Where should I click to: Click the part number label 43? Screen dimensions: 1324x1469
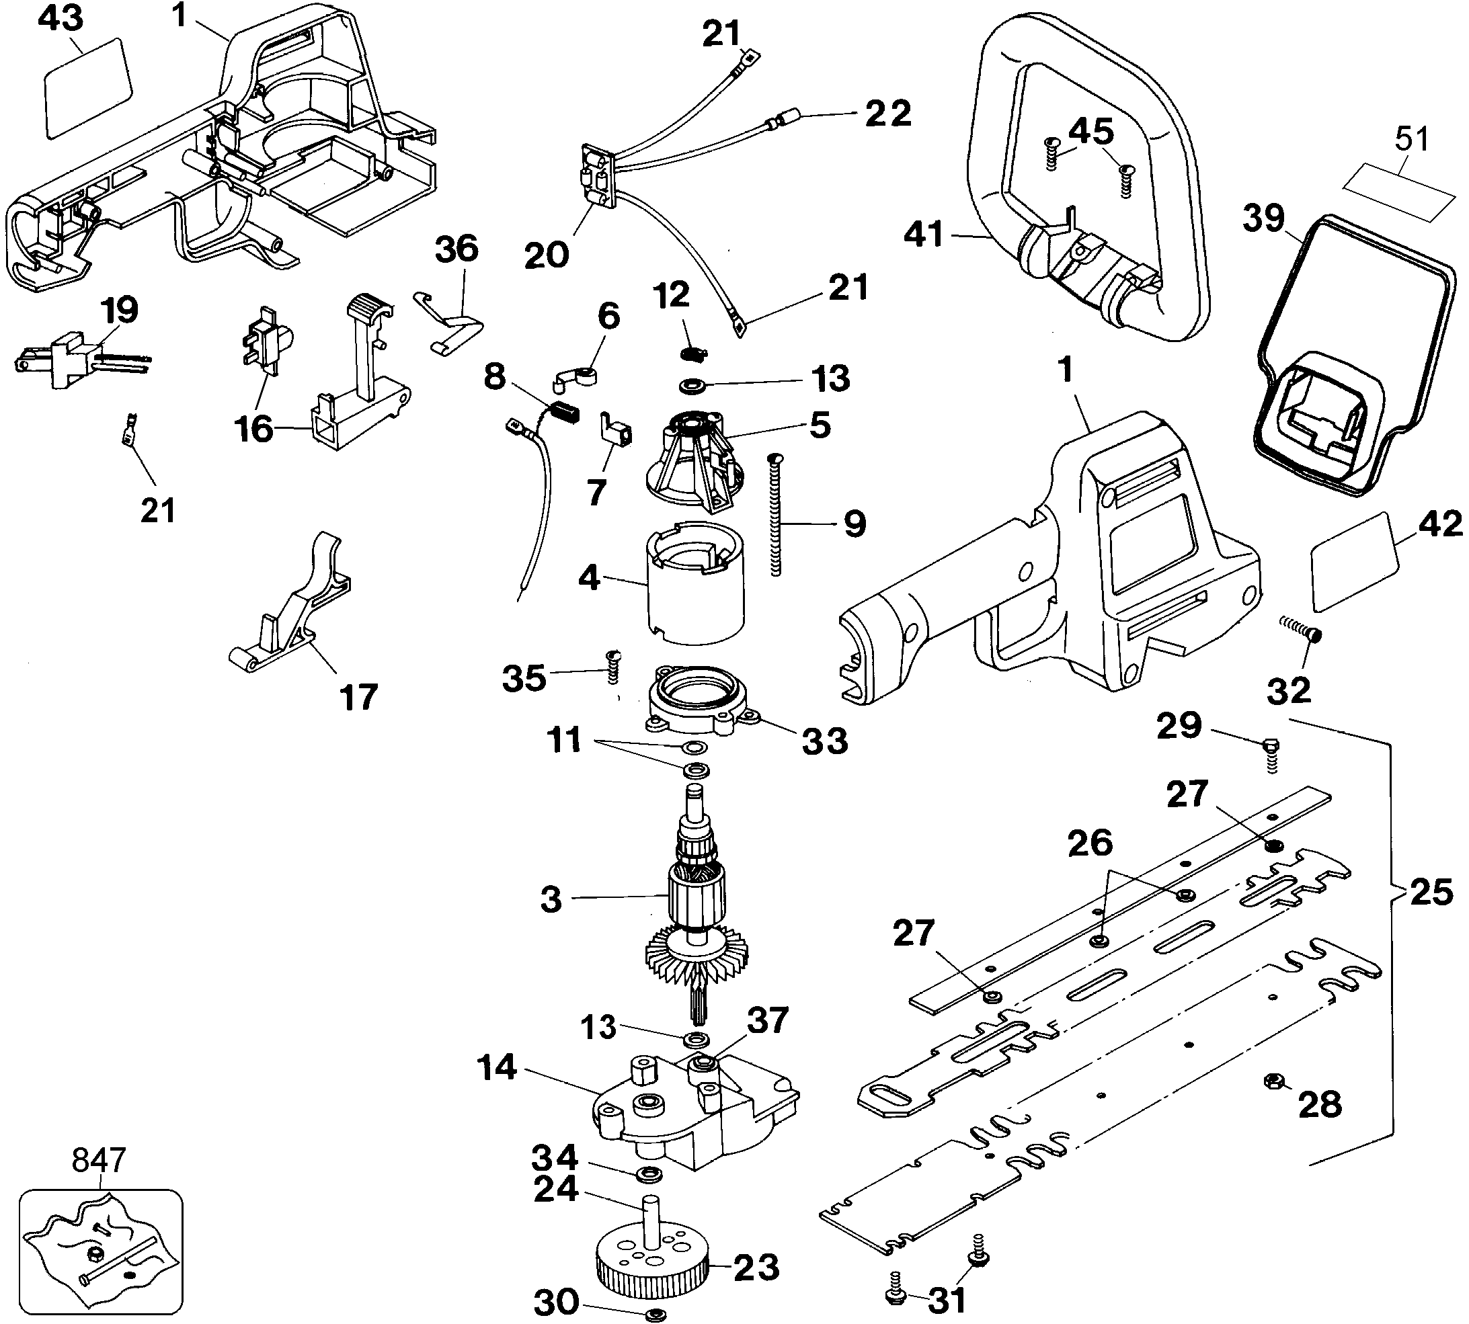[60, 19]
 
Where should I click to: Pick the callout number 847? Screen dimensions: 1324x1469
[99, 1159]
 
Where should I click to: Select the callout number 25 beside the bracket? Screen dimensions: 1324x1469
[1431, 893]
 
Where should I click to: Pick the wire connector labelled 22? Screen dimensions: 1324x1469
[786, 118]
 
